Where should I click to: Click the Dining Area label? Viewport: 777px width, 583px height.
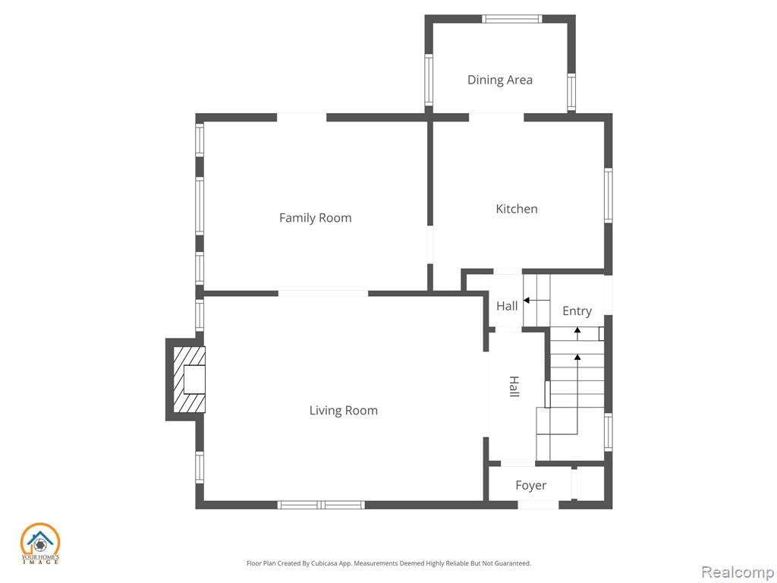click(x=499, y=80)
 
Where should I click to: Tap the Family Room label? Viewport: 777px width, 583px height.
click(x=315, y=218)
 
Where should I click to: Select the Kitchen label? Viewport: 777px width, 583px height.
click(x=516, y=209)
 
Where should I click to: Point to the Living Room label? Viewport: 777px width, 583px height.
click(x=344, y=411)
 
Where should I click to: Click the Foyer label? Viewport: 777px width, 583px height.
click(x=530, y=485)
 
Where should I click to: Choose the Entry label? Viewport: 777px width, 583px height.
click(x=577, y=311)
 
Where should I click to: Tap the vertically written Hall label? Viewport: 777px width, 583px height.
click(x=514, y=386)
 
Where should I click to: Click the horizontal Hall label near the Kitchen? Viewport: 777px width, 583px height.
click(x=507, y=306)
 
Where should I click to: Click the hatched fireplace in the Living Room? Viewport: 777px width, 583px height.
click(x=189, y=380)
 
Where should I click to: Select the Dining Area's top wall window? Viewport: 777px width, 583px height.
click(x=512, y=19)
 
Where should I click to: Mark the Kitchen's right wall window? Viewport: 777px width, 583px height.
click(x=608, y=195)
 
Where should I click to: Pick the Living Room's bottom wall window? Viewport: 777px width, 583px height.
click(x=321, y=505)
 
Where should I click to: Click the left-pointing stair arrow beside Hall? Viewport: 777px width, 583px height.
click(x=536, y=301)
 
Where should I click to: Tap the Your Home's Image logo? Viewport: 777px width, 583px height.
click(x=40, y=544)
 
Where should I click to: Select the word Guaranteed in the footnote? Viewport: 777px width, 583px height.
click(x=514, y=563)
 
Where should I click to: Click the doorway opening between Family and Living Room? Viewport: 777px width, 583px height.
click(x=323, y=294)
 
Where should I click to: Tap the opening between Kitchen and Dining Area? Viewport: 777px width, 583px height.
click(x=496, y=118)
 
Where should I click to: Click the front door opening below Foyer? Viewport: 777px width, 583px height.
click(x=539, y=505)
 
